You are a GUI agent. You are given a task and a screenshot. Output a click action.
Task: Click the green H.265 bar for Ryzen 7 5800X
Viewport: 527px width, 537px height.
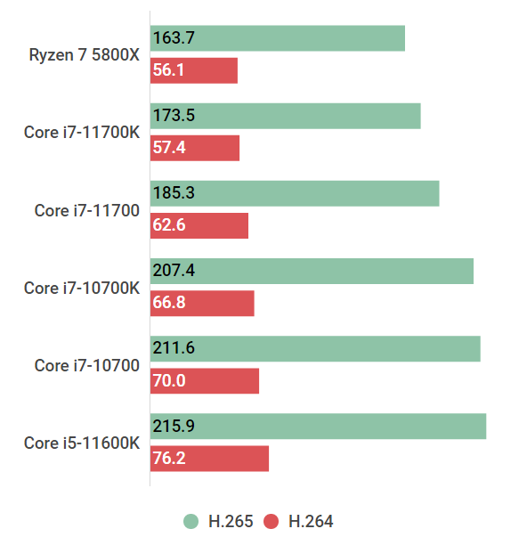(x=277, y=38)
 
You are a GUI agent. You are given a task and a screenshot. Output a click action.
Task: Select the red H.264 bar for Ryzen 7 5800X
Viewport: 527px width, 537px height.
(x=194, y=70)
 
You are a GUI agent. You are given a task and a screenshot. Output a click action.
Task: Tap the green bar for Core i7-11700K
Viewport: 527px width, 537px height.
(x=285, y=116)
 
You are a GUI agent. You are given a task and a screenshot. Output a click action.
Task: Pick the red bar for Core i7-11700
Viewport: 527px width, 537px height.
(x=199, y=225)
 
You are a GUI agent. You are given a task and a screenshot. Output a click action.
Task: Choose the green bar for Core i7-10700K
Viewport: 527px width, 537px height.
(x=312, y=271)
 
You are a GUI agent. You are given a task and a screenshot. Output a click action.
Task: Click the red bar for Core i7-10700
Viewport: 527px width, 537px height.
(x=205, y=381)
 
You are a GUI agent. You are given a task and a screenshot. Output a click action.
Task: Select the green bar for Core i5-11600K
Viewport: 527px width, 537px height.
(x=318, y=426)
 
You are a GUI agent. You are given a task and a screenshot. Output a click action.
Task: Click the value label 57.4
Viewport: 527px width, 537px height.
(x=169, y=148)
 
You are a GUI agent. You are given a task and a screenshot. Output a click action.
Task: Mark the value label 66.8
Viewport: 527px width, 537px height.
(x=169, y=304)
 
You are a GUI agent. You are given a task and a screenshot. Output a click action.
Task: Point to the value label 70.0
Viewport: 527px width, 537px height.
(x=169, y=381)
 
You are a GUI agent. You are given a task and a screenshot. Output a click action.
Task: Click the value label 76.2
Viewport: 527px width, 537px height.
(x=169, y=459)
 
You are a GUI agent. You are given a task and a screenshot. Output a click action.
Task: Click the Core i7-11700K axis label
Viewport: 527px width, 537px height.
(x=82, y=133)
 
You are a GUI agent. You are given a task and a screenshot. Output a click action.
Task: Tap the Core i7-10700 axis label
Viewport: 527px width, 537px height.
(x=87, y=365)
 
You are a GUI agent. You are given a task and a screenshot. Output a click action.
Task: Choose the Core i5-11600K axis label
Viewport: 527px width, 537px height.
(x=82, y=443)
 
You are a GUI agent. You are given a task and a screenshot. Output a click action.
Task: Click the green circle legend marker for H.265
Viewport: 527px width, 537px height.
(x=191, y=522)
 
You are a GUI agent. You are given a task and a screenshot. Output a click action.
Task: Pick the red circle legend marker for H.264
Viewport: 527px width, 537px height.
(x=272, y=522)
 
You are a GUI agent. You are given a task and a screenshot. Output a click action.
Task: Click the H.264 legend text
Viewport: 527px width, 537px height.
(x=311, y=522)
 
